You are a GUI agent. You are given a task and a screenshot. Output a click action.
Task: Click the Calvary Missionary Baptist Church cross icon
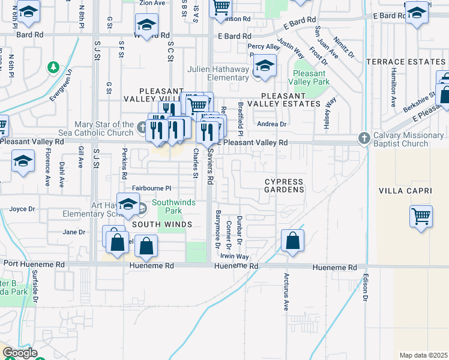(363, 139)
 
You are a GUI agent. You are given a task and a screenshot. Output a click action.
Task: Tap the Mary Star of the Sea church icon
(142, 127)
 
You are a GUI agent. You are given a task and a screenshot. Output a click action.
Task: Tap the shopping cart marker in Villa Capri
(421, 217)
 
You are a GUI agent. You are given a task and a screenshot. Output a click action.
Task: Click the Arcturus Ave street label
(286, 292)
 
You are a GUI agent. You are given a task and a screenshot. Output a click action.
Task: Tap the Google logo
(20, 353)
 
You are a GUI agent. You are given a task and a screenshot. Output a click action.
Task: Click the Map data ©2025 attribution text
(423, 355)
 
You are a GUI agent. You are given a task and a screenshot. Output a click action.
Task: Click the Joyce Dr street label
(22, 209)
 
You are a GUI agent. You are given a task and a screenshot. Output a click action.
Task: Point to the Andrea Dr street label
(272, 124)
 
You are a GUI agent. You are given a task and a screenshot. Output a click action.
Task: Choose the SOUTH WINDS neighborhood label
(162, 224)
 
